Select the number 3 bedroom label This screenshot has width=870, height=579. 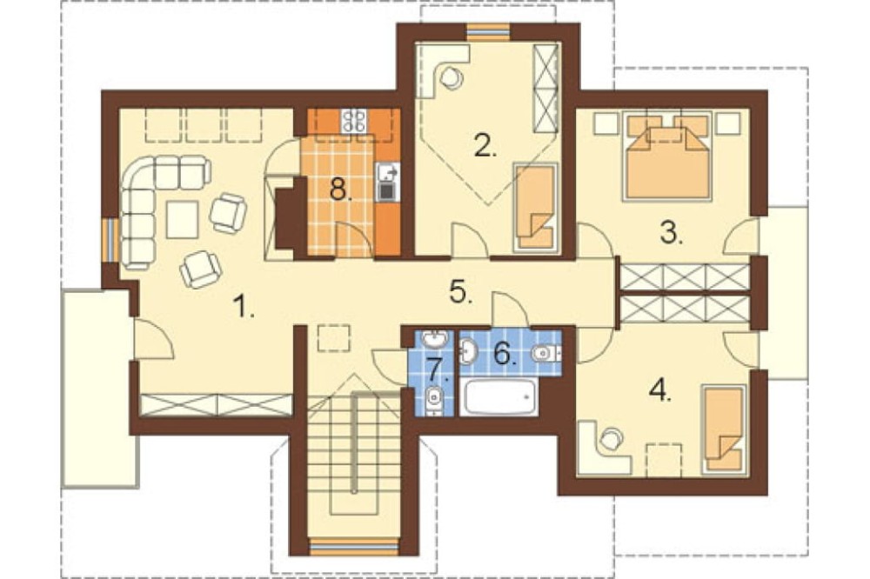(672, 234)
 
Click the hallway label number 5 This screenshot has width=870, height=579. (462, 293)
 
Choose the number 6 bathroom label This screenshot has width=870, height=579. (505, 353)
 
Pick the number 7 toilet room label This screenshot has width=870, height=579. (436, 368)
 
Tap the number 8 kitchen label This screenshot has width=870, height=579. (341, 190)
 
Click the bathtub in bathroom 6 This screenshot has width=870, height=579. (499, 396)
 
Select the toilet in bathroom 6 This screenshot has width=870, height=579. (546, 352)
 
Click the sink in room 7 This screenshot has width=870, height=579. (435, 337)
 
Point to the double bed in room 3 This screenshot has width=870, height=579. (668, 156)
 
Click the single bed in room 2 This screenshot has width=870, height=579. (535, 207)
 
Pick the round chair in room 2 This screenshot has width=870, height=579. (451, 77)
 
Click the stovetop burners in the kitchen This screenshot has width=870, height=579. (355, 120)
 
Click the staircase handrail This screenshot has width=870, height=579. (353, 442)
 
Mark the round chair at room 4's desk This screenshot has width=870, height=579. (610, 440)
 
